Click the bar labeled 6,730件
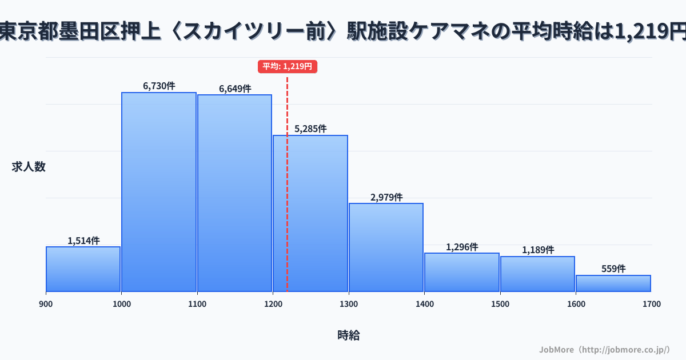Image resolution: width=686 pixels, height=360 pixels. point(159,192)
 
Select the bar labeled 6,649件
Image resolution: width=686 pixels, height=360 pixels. point(234,193)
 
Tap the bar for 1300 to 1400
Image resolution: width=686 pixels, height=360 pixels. point(386,247)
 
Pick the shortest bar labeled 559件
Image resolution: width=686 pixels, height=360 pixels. point(613,283)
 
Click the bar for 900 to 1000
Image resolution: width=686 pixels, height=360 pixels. point(83,269)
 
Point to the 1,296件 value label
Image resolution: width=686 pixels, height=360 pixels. point(462,247)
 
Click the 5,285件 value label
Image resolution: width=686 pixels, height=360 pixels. point(310,129)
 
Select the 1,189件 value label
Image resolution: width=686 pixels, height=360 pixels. point(537,250)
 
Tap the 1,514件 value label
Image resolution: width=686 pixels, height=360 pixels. point(83,241)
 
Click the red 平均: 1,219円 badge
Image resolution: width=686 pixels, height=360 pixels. point(287,66)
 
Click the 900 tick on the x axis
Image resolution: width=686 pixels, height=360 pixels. point(46,304)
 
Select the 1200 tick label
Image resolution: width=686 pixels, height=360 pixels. point(273,304)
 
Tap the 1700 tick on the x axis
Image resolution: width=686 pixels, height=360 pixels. point(651,304)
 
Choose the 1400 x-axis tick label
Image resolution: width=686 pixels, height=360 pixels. point(424,304)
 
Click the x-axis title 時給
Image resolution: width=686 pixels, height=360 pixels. point(348,335)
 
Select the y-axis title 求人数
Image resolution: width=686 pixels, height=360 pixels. point(29,167)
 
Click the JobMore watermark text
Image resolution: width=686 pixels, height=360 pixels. point(604,349)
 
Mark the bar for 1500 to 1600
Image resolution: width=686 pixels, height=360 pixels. point(537,274)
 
